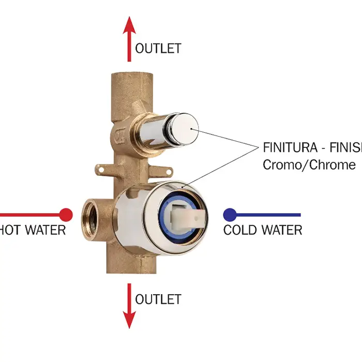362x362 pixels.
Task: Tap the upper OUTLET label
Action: [158, 49]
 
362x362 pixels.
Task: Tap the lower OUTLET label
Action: [158, 299]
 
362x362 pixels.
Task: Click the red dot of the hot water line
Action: [66, 214]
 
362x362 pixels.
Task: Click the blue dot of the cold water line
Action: [230, 214]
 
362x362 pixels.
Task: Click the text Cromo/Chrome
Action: [309, 165]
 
